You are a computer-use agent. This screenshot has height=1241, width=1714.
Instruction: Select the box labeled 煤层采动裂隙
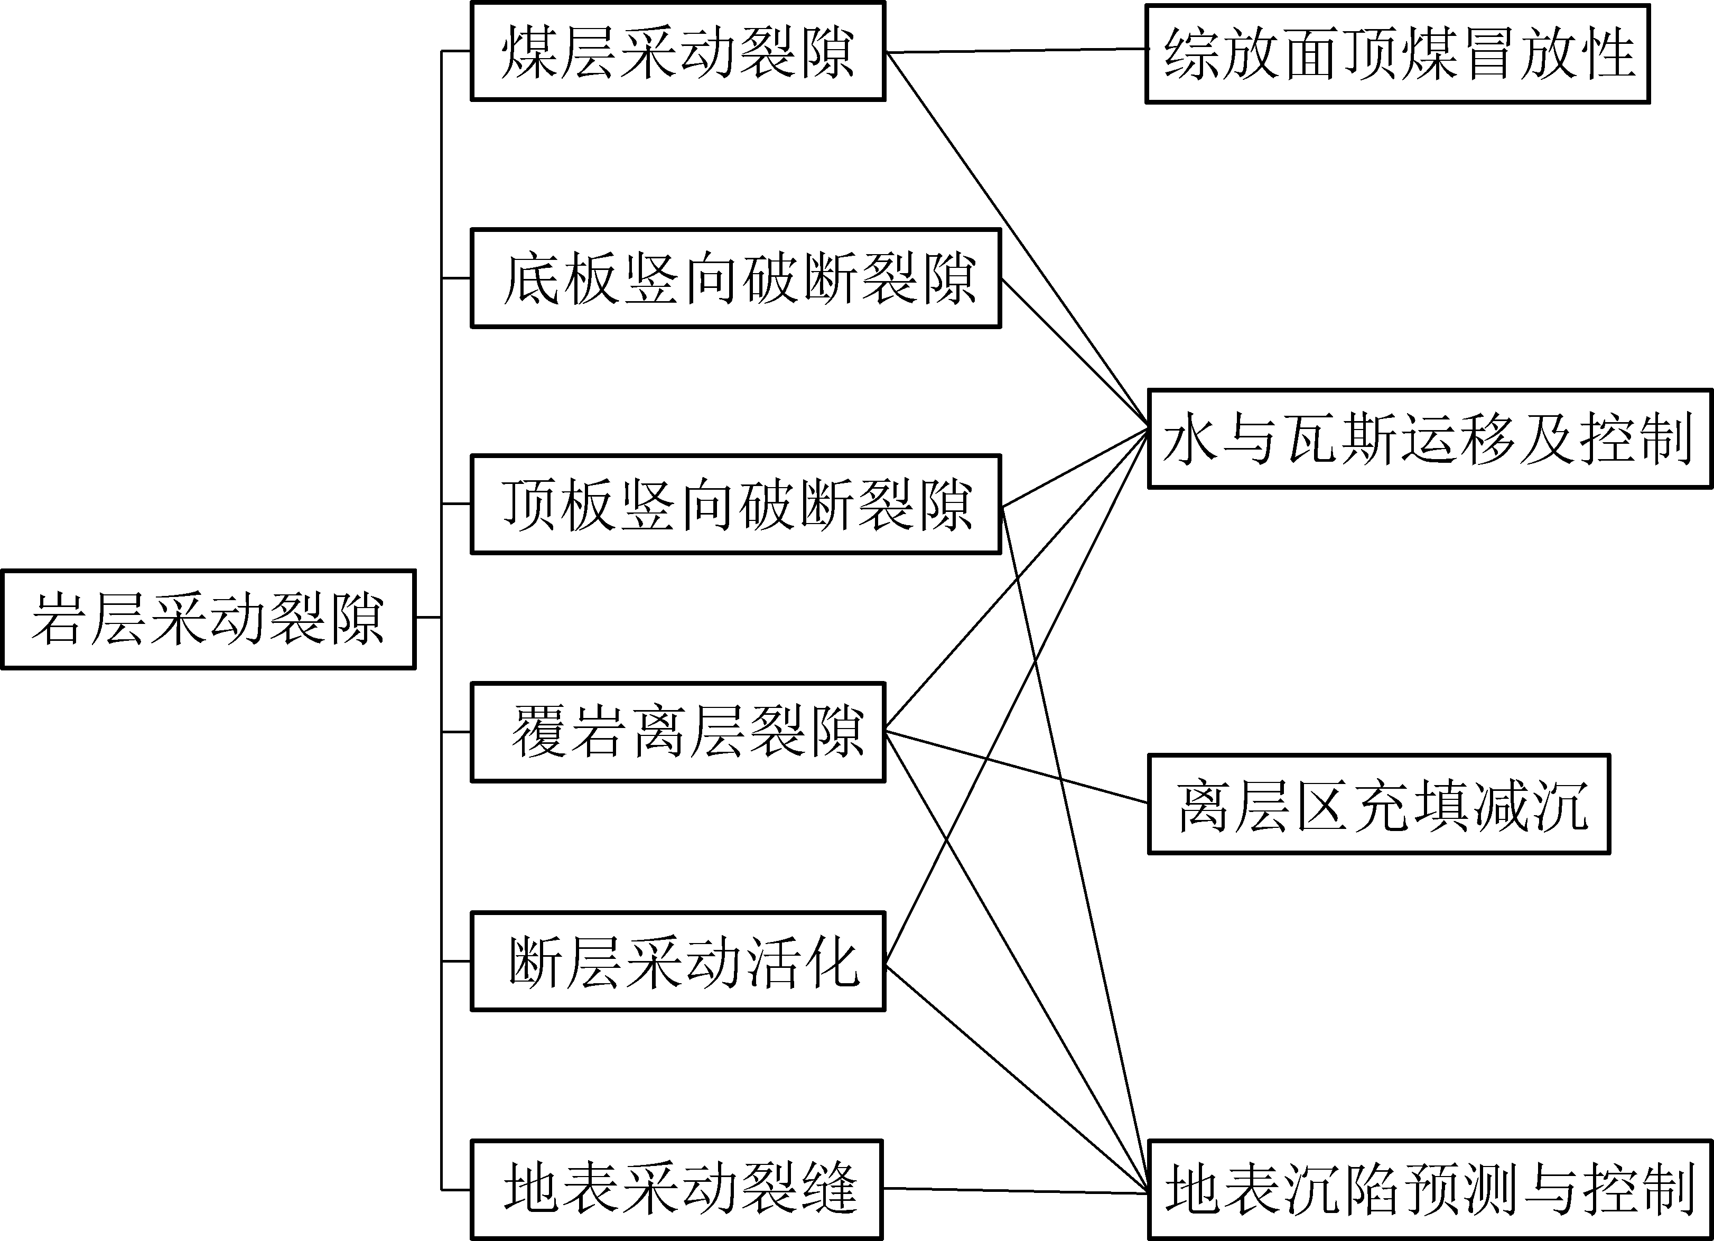point(678,51)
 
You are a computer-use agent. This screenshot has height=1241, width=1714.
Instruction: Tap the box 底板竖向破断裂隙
point(736,278)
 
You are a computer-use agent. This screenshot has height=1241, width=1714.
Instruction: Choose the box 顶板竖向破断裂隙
point(736,504)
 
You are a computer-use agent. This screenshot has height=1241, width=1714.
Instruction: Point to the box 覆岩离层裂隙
point(678,732)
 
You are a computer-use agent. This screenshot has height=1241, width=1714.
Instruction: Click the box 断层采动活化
point(678,962)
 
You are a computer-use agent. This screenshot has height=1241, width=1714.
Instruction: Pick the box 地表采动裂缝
point(676,1188)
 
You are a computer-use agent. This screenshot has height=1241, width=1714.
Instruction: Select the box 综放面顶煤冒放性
point(1398,54)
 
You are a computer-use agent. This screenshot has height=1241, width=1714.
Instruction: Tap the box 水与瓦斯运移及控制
point(1430,439)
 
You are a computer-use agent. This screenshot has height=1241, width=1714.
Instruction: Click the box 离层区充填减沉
point(1379,804)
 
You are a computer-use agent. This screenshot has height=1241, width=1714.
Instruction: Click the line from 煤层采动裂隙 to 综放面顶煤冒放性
point(1017,51)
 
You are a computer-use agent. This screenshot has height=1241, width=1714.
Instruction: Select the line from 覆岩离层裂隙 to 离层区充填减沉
point(1017,767)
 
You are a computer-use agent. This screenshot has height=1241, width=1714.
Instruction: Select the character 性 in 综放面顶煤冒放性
point(1608,54)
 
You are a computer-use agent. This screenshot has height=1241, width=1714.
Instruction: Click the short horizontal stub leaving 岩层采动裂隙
point(428,618)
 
